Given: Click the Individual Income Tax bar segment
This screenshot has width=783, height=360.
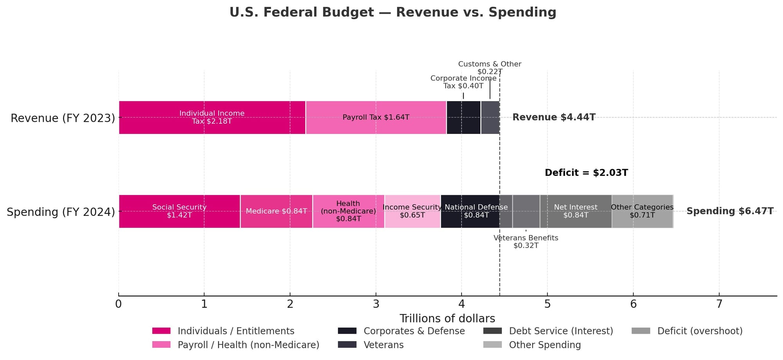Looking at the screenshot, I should point(212,118).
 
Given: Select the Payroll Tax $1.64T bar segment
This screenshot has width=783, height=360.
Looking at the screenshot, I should point(376,118).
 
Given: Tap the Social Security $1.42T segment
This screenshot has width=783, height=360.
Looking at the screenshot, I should point(179,212).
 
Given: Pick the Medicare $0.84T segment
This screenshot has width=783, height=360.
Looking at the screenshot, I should point(276,212).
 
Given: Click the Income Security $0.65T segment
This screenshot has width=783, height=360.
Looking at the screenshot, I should point(412,212).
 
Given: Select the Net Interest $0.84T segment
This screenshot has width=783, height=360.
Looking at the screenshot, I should point(576,212).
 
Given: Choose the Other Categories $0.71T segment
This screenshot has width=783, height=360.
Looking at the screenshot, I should point(642,212).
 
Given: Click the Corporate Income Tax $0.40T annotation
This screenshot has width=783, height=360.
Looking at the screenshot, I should point(463,82).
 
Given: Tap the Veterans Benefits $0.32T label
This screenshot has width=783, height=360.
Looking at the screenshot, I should point(526,242).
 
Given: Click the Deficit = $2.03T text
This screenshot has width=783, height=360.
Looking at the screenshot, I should point(586,173).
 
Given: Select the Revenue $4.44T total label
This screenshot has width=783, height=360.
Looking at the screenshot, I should point(554,118).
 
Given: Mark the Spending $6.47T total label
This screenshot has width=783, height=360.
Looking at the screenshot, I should point(730,212).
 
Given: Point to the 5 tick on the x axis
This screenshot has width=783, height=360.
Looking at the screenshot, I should point(547,304).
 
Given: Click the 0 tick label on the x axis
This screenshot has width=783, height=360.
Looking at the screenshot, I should point(119,304).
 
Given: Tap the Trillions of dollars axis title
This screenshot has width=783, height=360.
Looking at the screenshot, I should point(447,318).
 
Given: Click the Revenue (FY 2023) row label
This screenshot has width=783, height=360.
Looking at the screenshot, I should point(63,118).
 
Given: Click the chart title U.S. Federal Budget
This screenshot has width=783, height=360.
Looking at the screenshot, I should point(393,13).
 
